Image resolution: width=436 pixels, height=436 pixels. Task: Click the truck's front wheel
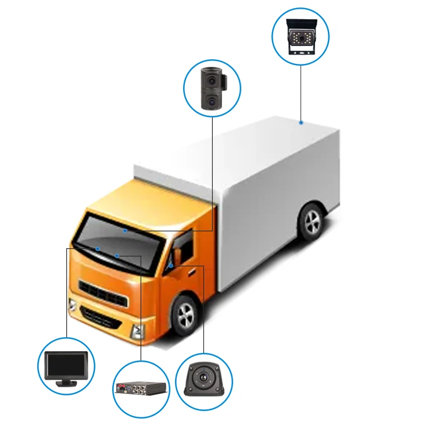(x=185, y=316)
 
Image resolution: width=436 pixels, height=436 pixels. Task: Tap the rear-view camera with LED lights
(x=300, y=37)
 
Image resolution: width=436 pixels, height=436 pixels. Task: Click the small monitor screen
(x=66, y=365)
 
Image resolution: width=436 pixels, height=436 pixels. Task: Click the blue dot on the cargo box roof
(x=301, y=123)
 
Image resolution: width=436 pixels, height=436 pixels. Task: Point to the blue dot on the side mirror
(x=171, y=265)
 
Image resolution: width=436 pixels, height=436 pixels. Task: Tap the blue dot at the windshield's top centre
(x=125, y=231)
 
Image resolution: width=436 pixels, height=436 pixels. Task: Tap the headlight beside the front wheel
(x=138, y=332)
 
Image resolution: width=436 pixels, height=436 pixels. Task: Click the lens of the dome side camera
(x=203, y=378)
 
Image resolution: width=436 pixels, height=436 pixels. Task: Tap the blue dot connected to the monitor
(x=98, y=249)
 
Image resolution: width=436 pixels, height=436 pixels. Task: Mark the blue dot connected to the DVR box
(x=117, y=255)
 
